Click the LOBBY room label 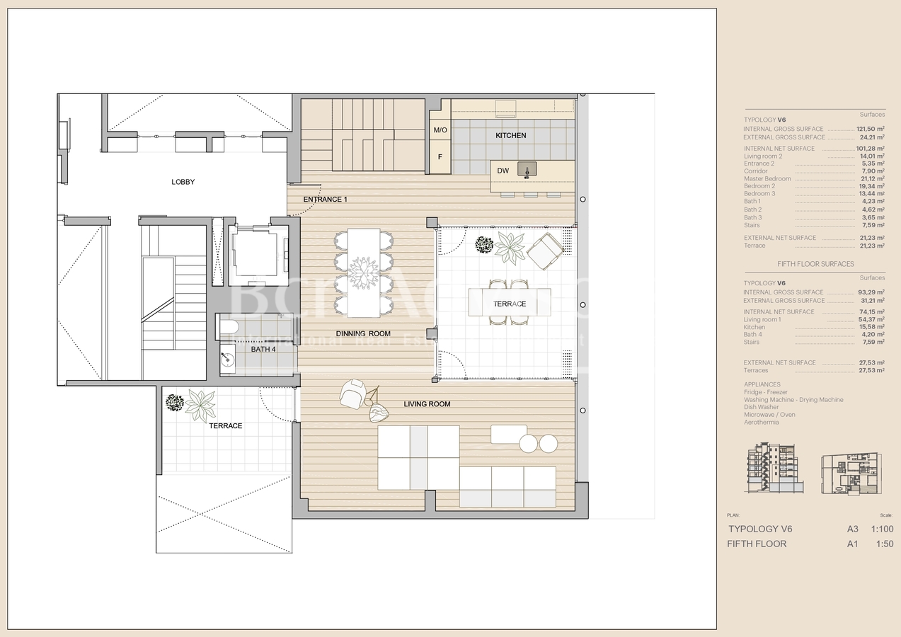(183, 182)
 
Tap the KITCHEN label (510, 135)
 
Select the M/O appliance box (440, 130)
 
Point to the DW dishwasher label (503, 171)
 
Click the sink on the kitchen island (527, 170)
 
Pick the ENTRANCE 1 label (325, 200)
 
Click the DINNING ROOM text (362, 333)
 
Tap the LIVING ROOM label (427, 404)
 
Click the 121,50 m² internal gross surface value (871, 129)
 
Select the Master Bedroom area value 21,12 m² (871, 178)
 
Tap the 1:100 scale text (882, 529)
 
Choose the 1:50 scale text (884, 544)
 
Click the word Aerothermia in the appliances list (761, 423)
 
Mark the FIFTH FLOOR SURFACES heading (815, 264)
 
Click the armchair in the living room (352, 393)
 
